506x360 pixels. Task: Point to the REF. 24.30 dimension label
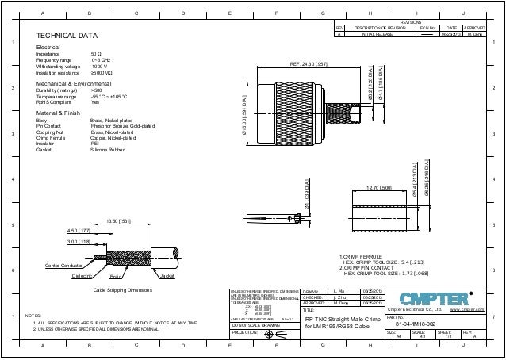pyautogui.click(x=316, y=63)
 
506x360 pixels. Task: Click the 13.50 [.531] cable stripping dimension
pyautogui.click(x=119, y=222)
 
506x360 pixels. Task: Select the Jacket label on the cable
pyautogui.click(x=167, y=275)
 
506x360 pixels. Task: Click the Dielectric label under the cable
pyautogui.click(x=83, y=275)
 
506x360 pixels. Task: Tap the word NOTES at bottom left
pyautogui.click(x=33, y=315)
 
